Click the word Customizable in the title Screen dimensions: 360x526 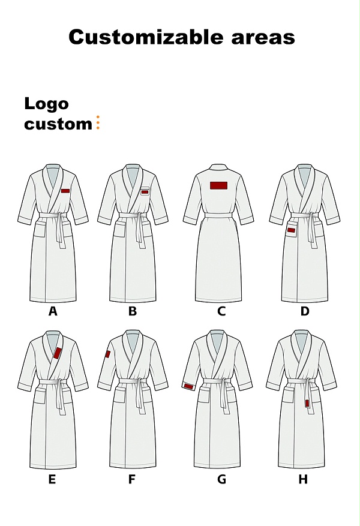[x=146, y=37]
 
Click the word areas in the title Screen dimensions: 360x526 [x=263, y=38]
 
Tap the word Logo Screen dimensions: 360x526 [x=46, y=104]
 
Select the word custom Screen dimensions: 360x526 [x=58, y=124]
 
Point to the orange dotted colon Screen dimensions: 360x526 [x=98, y=122]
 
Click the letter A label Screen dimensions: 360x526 [x=53, y=311]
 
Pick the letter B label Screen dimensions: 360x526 [x=133, y=311]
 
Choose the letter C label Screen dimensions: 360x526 [x=221, y=311]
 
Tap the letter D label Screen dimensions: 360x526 [x=305, y=311]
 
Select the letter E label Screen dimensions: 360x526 [x=52, y=479]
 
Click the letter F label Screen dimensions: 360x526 [x=131, y=479]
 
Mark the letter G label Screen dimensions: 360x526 [x=221, y=479]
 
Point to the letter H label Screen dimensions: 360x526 [x=303, y=479]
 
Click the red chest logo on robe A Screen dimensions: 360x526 [x=65, y=191]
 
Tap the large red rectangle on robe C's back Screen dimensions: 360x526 [x=219, y=185]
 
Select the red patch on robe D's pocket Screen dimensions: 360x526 [x=291, y=230]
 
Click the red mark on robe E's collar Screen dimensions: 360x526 [x=58, y=353]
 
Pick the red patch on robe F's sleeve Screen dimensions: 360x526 [x=107, y=354]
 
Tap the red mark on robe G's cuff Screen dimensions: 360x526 [x=188, y=387]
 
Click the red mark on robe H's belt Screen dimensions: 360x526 [x=307, y=403]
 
